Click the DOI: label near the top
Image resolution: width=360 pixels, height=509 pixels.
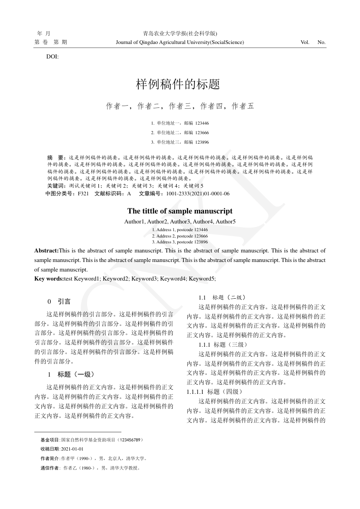[52, 57]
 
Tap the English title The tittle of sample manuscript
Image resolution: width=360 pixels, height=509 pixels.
[180, 211]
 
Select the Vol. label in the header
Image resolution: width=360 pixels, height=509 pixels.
[305, 42]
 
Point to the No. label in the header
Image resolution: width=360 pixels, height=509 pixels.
[321, 42]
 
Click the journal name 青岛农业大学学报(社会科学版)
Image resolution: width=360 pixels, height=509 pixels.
[180, 34]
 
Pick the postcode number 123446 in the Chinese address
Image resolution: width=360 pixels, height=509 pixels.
[202, 123]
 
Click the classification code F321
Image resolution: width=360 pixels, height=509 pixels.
[83, 194]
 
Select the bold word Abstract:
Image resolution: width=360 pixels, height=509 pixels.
[47, 250]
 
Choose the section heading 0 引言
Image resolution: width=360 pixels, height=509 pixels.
[58, 301]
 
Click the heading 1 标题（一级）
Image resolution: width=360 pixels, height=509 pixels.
[70, 374]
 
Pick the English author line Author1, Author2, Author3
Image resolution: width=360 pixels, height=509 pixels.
[180, 222]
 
